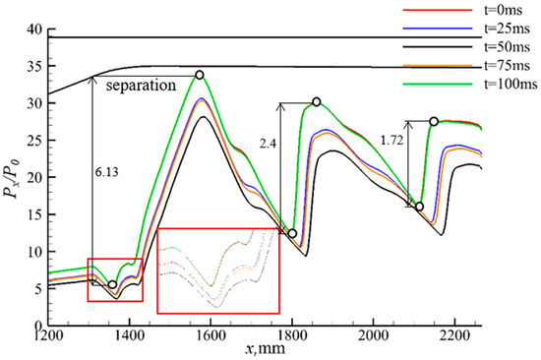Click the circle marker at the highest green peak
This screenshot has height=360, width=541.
tap(200, 75)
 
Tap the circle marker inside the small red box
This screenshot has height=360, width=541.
tap(112, 284)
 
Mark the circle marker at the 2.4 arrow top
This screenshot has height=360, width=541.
tap(317, 102)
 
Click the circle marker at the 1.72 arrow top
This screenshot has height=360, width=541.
tap(434, 121)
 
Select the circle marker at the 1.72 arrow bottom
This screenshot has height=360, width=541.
tap(419, 207)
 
